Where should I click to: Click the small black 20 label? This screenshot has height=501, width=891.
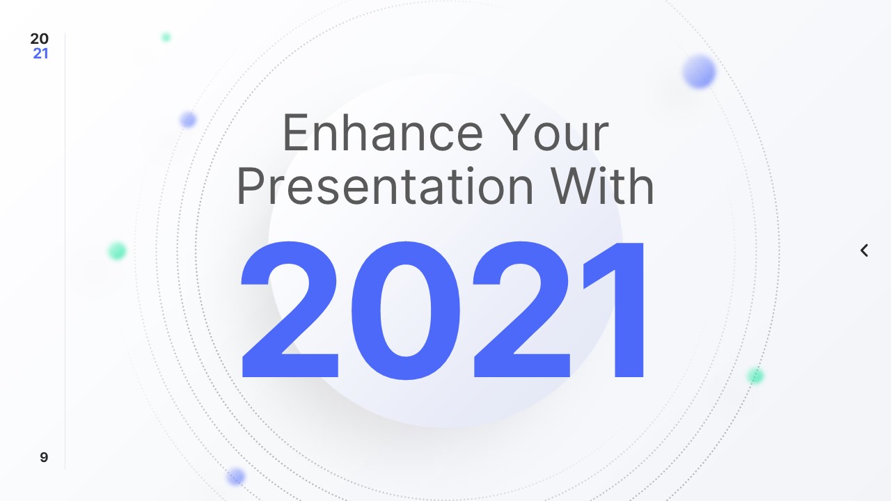[x=40, y=39]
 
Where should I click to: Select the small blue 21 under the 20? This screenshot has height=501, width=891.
[x=40, y=54]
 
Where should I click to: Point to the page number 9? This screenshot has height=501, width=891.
[x=44, y=457]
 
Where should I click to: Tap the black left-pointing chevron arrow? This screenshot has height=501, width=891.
[x=864, y=250]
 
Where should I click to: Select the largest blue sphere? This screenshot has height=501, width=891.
[x=699, y=72]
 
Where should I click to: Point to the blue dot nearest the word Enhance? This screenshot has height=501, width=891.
[x=188, y=120]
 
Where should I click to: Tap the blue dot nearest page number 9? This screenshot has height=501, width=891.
[x=236, y=477]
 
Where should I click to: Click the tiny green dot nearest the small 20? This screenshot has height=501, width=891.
[x=166, y=37]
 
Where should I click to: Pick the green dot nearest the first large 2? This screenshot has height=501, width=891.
[x=117, y=250]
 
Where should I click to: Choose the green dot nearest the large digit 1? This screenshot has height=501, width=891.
[x=755, y=376]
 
